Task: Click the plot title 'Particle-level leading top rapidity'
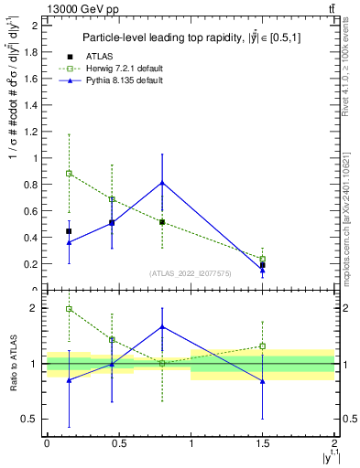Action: pyautogui.click(x=191, y=37)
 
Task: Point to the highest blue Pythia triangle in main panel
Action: pyautogui.click(x=162, y=183)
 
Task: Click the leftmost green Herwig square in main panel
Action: pyautogui.click(x=69, y=173)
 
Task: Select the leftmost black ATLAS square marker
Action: pyautogui.click(x=69, y=231)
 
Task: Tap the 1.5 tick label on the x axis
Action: pyautogui.click(x=263, y=443)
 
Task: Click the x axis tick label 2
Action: pyautogui.click(x=334, y=443)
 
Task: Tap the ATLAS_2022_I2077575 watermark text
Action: pyautogui.click(x=190, y=273)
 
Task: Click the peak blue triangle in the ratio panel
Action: pyautogui.click(x=162, y=326)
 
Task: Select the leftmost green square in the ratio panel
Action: pyautogui.click(x=69, y=309)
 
